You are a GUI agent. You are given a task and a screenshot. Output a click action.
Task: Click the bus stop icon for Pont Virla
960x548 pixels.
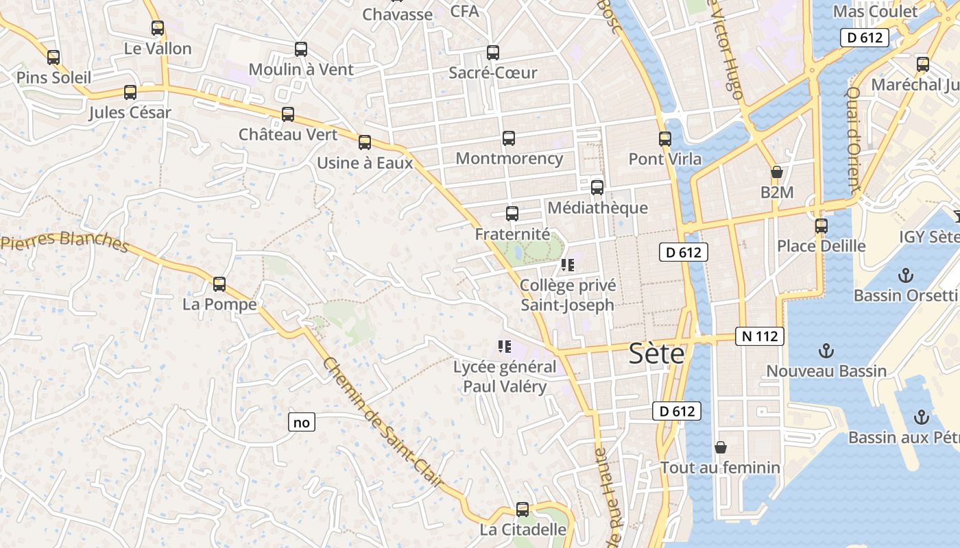click(664, 139)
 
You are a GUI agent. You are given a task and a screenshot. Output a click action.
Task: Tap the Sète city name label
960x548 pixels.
click(657, 354)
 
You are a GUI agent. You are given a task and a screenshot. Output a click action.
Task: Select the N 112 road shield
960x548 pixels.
click(760, 336)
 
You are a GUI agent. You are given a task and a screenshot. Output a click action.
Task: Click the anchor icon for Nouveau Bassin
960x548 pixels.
click(826, 351)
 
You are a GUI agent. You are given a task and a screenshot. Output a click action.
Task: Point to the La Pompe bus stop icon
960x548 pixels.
click(219, 284)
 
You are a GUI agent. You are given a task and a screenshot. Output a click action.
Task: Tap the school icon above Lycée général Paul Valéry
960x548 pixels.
click(505, 347)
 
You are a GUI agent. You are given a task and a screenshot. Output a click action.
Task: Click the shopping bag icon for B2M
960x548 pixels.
click(777, 172)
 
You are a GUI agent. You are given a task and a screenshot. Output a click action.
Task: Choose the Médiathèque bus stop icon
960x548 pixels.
click(597, 187)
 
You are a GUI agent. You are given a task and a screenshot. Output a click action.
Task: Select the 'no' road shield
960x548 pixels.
click(302, 423)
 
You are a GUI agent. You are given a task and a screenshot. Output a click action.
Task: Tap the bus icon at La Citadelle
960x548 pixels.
click(523, 510)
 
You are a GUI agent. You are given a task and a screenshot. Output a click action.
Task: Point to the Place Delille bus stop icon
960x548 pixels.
click(821, 225)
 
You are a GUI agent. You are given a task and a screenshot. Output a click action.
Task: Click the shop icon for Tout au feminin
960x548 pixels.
click(720, 447)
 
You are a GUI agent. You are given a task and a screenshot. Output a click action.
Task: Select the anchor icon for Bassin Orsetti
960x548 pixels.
click(906, 276)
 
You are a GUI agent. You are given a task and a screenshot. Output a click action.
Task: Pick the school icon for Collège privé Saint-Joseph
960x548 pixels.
click(567, 264)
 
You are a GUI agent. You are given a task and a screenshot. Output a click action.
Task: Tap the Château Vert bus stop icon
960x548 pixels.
click(288, 114)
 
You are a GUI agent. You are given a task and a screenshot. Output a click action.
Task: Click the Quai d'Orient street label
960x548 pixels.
click(853, 140)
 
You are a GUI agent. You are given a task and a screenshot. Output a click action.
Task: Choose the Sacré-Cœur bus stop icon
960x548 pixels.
click(492, 53)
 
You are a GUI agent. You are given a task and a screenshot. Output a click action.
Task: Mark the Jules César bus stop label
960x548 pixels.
click(130, 112)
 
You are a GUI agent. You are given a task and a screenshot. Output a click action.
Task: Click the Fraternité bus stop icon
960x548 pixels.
click(512, 214)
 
